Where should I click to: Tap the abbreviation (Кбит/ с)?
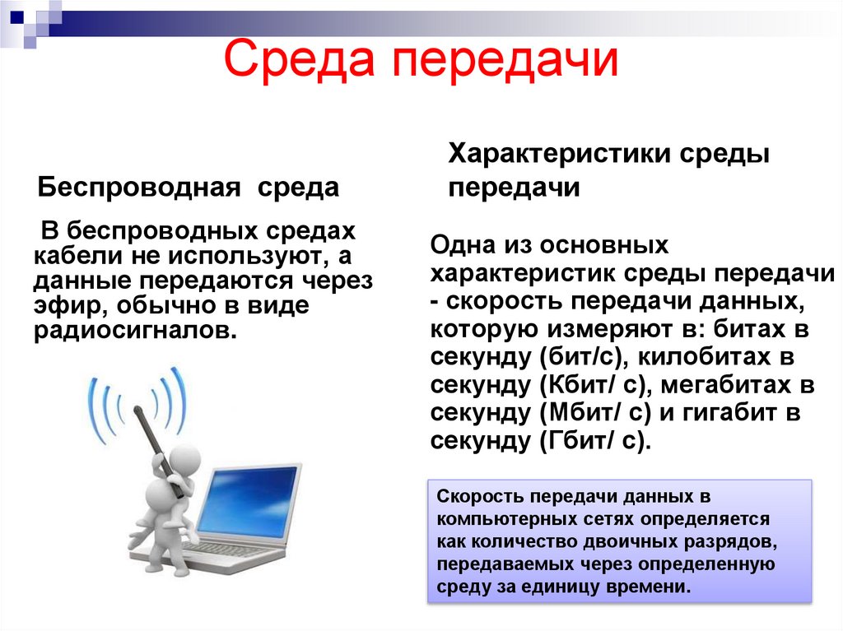point(592,386)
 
